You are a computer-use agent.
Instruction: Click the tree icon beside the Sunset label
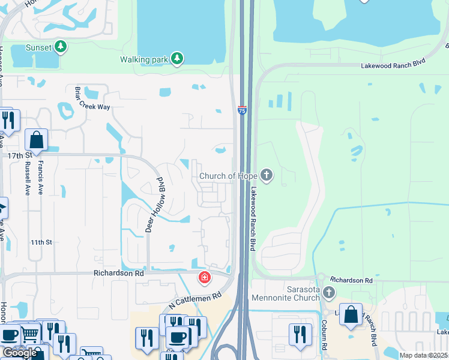point(60,46)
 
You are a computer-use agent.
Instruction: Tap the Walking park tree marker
point(176,59)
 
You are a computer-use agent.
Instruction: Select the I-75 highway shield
point(242,110)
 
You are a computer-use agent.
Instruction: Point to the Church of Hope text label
point(228,176)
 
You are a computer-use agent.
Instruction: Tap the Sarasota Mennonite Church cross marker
point(328,293)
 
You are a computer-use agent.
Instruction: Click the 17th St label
point(19,155)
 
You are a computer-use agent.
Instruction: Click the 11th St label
point(42,242)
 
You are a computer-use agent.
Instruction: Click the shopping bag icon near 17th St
point(37,139)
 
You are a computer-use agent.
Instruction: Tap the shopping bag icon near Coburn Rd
point(351,314)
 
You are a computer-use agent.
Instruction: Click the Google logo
point(20,353)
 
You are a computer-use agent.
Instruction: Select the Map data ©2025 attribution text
point(424,355)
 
